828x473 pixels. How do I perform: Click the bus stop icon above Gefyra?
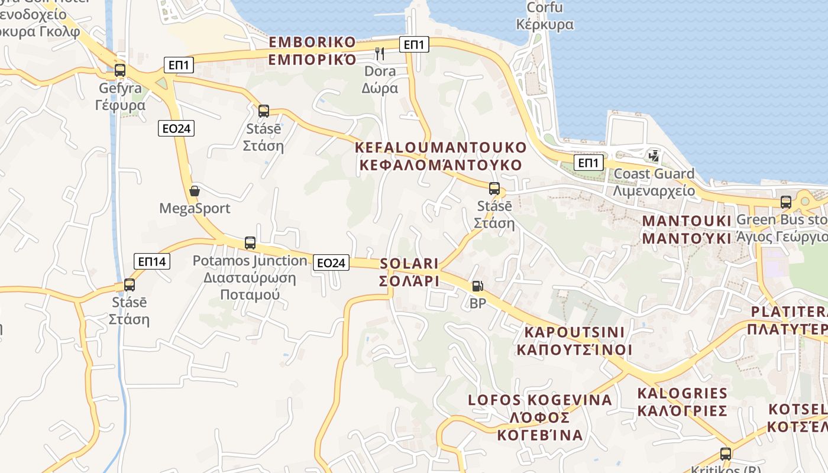point(120,70)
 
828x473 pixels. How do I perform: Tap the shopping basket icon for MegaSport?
point(195,191)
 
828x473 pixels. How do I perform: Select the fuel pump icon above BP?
point(477,286)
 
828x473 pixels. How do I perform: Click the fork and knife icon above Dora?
point(380,54)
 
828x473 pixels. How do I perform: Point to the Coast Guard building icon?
point(654,156)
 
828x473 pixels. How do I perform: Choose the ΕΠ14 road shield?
point(153,261)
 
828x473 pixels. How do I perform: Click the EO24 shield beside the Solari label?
point(331,263)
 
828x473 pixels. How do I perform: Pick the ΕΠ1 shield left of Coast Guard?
point(588,163)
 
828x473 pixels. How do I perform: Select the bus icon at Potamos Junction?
point(250,243)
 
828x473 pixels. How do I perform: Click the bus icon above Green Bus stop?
point(786,202)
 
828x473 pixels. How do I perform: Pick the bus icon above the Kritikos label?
point(726,454)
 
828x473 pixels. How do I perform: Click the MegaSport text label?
point(195,209)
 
